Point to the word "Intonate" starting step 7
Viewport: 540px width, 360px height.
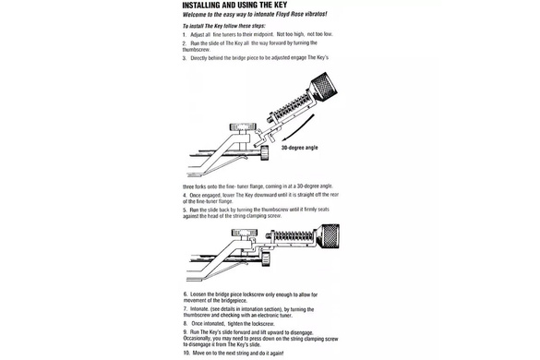click(x=203, y=309)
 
